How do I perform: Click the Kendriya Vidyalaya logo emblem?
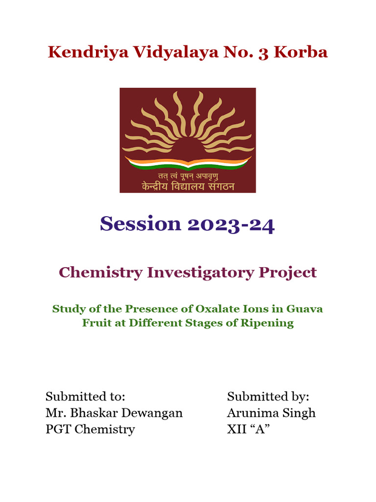(x=188, y=140)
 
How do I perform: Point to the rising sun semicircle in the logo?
(x=188, y=147)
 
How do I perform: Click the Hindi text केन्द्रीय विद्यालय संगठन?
(x=188, y=186)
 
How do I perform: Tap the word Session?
(x=141, y=224)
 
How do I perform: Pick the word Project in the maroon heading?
(x=290, y=273)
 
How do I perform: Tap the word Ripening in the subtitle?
(x=271, y=323)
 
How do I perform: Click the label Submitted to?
(x=86, y=396)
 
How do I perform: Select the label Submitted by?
(x=268, y=396)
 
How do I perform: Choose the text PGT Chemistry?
(x=90, y=429)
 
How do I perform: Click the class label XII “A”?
(x=249, y=429)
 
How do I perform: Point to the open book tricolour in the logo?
(x=188, y=163)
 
